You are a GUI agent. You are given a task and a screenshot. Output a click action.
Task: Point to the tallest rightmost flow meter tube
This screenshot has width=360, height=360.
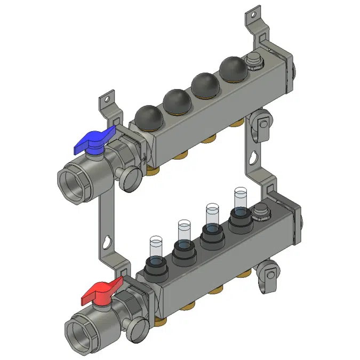241,198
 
